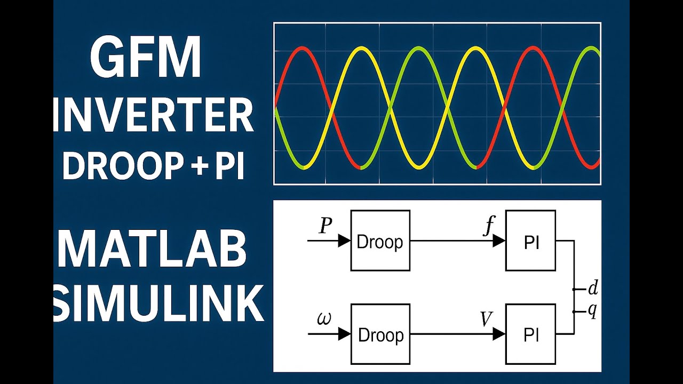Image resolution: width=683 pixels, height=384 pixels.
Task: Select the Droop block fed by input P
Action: (380, 241)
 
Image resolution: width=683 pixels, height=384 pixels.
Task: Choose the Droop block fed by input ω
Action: (380, 334)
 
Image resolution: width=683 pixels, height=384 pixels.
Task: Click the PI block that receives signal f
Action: (530, 241)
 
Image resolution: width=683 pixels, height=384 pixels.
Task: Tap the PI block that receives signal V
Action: (530, 334)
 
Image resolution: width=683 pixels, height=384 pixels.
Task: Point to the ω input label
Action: (323, 319)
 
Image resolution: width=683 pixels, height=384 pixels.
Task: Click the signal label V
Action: (486, 319)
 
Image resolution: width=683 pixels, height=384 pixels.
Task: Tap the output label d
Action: (592, 289)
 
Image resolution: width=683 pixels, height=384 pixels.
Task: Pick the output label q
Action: (592, 311)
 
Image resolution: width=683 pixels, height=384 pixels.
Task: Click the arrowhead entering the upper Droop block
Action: (344, 241)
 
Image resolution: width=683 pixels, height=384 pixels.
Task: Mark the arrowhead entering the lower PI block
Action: (499, 334)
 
